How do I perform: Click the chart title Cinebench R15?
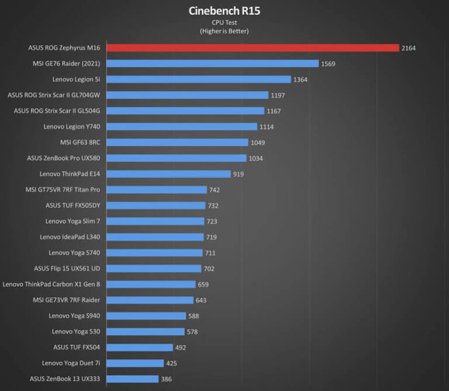(x=224, y=11)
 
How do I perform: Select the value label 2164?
(x=409, y=48)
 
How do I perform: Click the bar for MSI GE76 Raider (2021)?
(x=212, y=63)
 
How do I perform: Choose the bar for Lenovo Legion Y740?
(x=182, y=126)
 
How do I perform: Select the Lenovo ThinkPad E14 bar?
(x=168, y=174)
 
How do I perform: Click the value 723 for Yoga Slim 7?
(x=213, y=221)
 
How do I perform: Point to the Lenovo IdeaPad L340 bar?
(x=155, y=237)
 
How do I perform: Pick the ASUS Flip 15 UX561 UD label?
(x=67, y=268)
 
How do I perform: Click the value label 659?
(x=205, y=284)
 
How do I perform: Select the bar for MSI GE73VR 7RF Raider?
(x=150, y=300)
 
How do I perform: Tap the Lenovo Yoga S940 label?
(x=74, y=316)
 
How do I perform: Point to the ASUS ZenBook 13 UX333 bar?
(x=132, y=379)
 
